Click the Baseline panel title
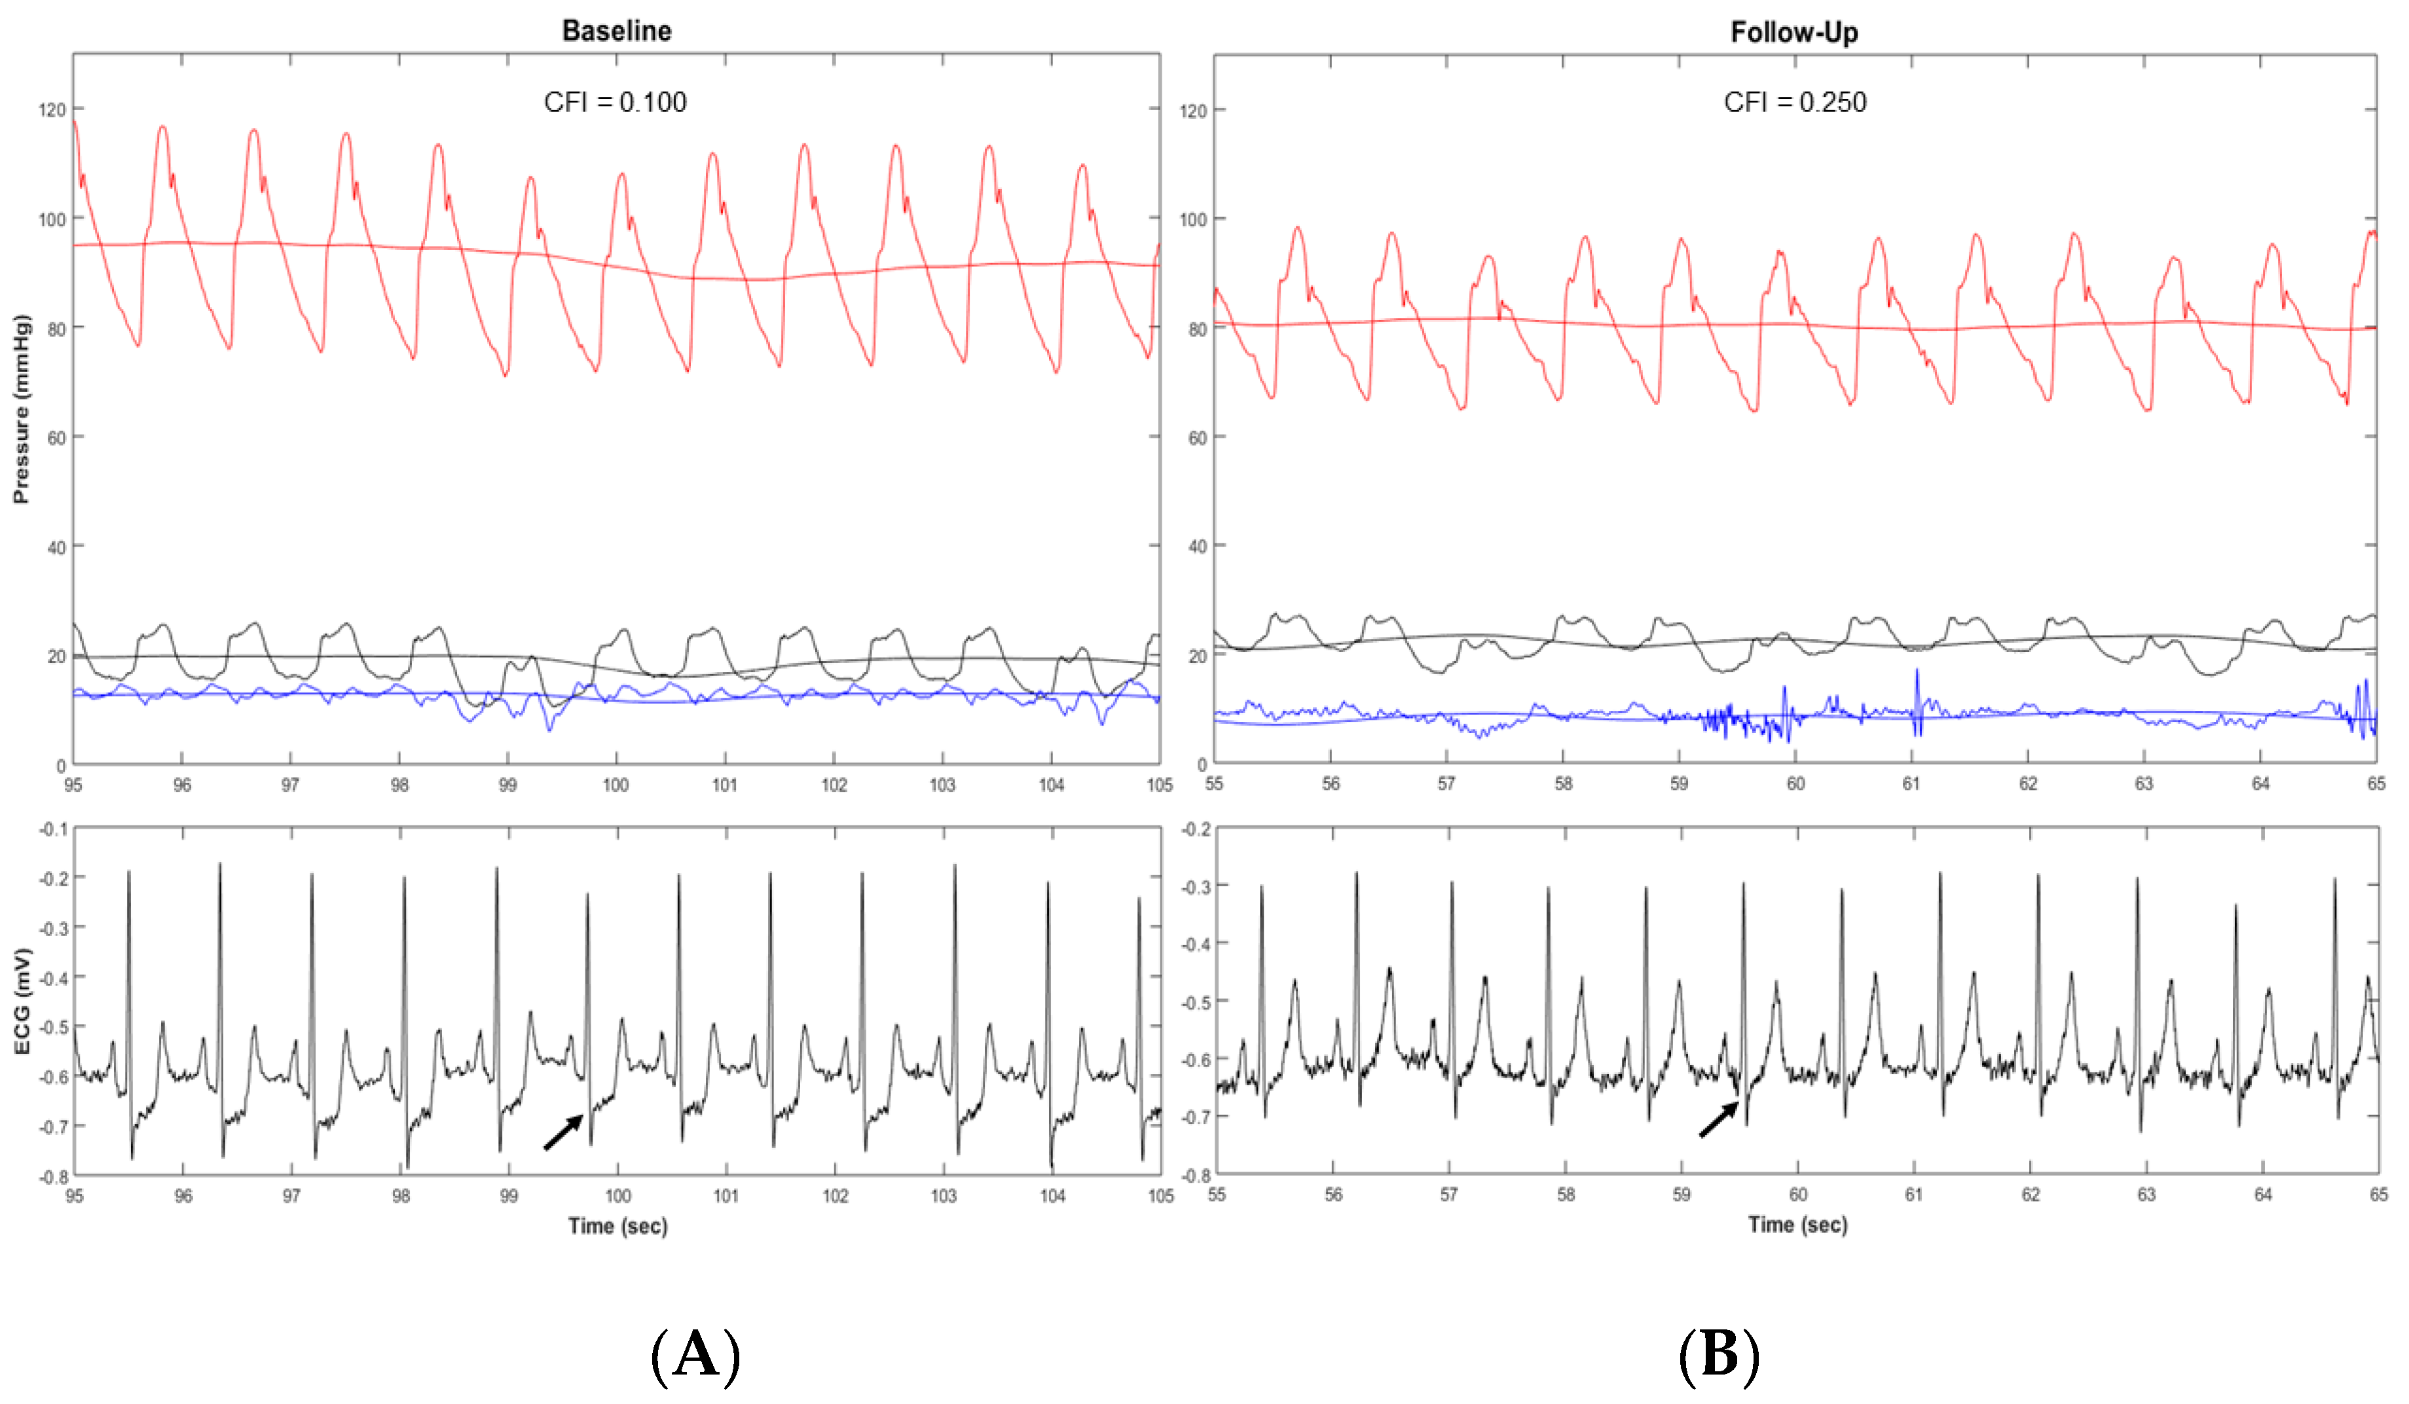(x=617, y=31)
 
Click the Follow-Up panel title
(x=1794, y=33)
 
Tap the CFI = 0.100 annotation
(x=615, y=102)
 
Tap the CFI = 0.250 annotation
(x=1794, y=102)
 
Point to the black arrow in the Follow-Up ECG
(x=1719, y=1119)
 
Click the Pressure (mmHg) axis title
(x=21, y=409)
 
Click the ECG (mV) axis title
(x=22, y=1001)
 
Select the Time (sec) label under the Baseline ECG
(x=617, y=1226)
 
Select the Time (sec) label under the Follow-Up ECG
(x=1797, y=1225)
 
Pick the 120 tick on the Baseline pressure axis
(x=52, y=110)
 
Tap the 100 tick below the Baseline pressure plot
(x=615, y=785)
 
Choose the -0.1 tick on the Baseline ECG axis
(x=54, y=829)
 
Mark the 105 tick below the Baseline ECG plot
(x=1160, y=1197)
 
